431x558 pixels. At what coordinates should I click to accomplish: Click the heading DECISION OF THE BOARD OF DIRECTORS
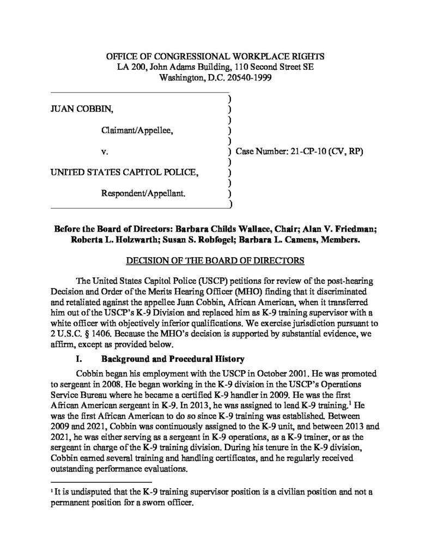pyautogui.click(x=215, y=260)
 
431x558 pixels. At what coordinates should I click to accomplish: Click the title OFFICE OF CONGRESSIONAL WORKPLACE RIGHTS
pyautogui.click(x=215, y=56)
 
